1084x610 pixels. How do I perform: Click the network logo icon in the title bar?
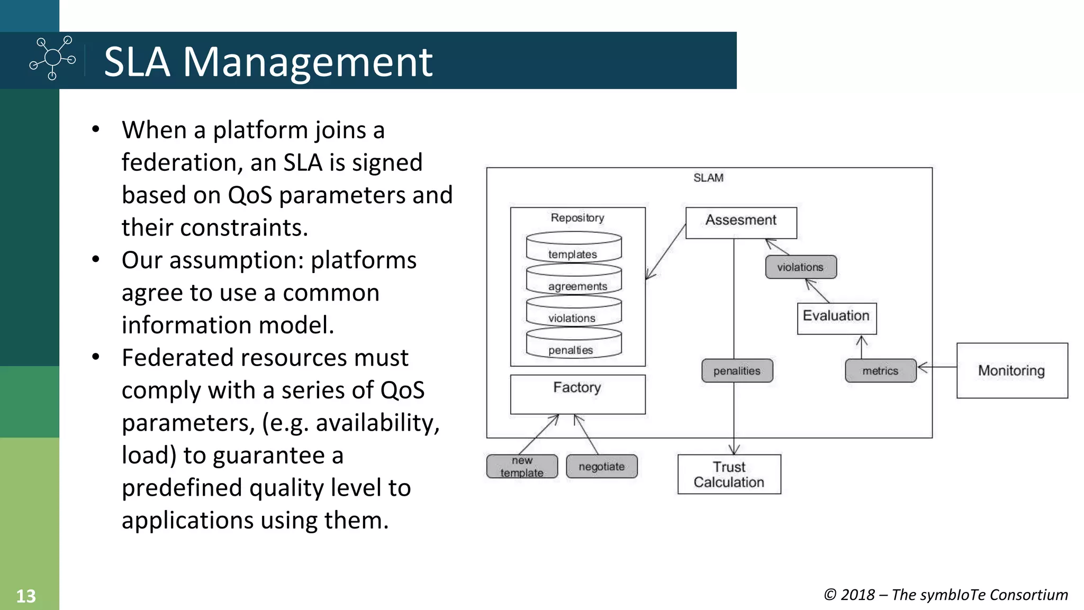coord(52,58)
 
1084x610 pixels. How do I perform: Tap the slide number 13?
coord(25,596)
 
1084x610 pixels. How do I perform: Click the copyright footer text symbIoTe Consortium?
coord(979,595)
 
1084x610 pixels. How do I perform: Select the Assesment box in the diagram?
coord(740,222)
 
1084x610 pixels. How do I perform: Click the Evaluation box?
coord(836,317)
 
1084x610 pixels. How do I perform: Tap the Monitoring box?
coord(1011,370)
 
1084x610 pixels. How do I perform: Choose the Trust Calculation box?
coord(729,474)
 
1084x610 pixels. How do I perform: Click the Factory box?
coord(577,394)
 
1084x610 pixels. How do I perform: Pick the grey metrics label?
coord(880,370)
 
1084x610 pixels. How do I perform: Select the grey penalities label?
coord(737,370)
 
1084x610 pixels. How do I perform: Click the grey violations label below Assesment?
coord(800,267)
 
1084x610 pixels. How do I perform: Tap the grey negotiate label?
coord(601,466)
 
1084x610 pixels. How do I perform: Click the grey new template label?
coord(522,466)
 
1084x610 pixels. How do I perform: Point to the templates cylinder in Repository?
coord(573,248)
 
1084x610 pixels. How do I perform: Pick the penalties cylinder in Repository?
coord(573,344)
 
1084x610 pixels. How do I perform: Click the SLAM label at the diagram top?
coord(708,178)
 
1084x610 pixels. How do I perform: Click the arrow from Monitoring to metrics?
coord(937,367)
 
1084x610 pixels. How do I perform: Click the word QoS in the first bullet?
coord(250,195)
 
